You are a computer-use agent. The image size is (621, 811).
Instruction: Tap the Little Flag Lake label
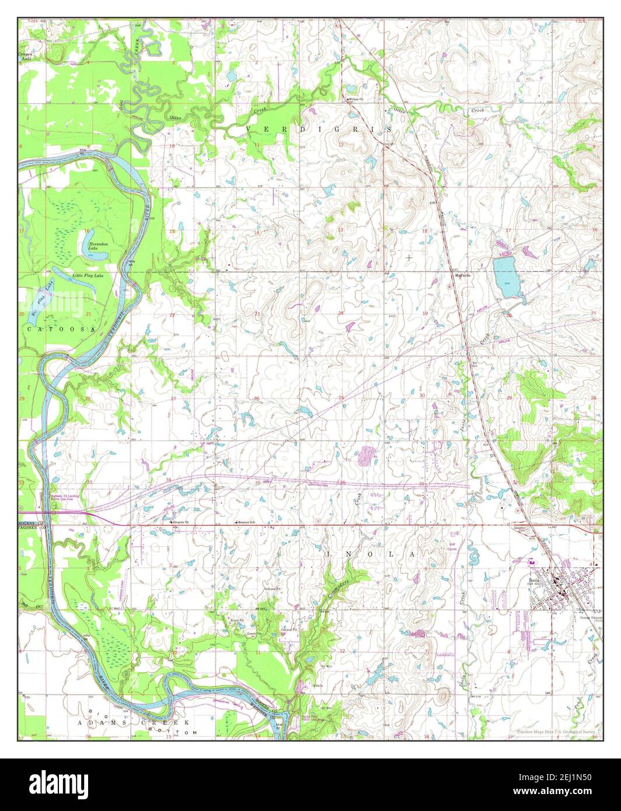coord(88,275)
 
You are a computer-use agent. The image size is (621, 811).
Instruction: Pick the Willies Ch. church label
coord(357,99)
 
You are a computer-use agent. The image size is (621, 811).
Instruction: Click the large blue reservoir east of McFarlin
coord(505,277)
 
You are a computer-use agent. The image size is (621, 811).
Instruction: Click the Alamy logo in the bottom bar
coord(59,783)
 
